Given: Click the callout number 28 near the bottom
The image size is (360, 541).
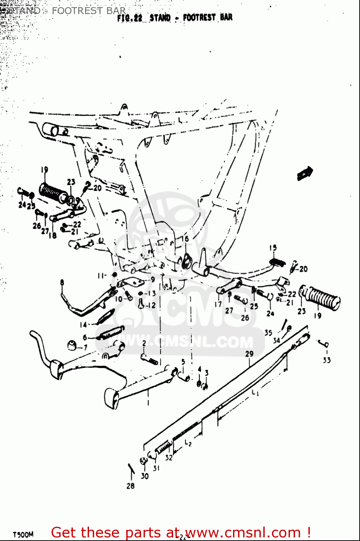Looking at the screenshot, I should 130,486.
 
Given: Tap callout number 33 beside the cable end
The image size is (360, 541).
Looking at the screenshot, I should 326,360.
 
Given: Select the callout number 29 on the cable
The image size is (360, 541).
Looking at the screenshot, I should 249,354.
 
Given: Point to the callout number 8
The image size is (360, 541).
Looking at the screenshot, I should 62,282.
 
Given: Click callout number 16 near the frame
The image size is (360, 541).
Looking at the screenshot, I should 185,239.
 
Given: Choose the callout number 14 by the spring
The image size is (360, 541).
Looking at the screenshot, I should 83,325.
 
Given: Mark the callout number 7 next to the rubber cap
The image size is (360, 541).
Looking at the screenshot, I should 85,348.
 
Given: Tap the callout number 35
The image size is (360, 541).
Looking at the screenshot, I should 268,333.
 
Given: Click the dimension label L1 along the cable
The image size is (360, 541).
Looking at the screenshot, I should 255,392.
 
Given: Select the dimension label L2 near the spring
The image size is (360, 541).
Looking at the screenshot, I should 188,443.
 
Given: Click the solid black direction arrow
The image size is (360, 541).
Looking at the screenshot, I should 305,173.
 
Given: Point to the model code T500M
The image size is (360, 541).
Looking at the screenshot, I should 23,535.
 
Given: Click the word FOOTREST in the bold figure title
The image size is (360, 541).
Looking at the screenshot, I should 199,17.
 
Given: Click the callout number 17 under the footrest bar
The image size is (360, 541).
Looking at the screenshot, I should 218,304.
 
